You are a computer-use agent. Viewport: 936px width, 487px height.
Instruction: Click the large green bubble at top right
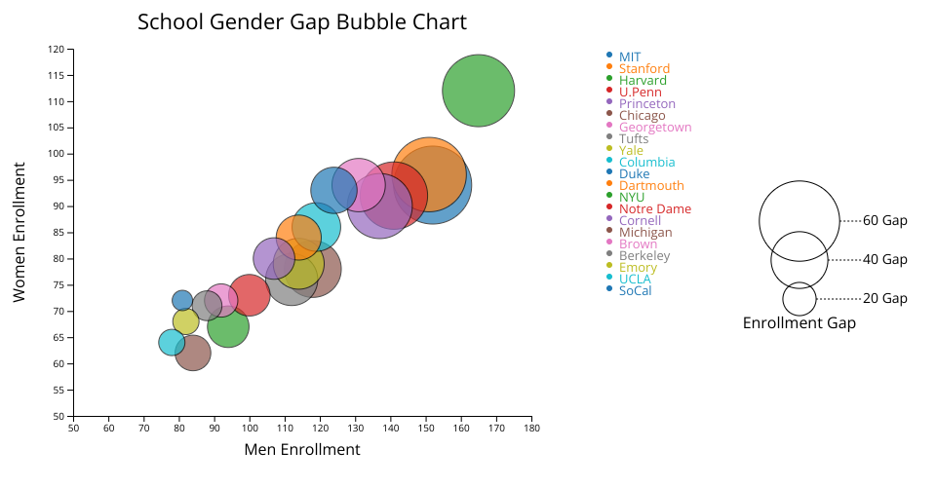tap(478, 91)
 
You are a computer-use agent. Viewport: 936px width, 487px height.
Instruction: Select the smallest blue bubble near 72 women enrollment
tap(182, 300)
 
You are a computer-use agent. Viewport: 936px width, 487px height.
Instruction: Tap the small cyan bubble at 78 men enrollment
tap(172, 343)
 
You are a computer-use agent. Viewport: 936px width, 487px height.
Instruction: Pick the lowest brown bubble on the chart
tap(193, 353)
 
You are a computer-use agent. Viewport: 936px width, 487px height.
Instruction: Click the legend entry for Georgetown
tap(655, 127)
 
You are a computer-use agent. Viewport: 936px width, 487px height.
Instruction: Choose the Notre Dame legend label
tap(655, 208)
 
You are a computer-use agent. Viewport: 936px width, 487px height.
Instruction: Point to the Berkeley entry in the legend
tap(644, 256)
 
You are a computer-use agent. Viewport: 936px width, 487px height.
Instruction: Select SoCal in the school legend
tap(635, 291)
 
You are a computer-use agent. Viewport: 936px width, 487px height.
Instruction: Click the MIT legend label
tap(629, 57)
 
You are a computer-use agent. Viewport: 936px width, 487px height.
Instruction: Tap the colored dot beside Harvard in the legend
tap(608, 78)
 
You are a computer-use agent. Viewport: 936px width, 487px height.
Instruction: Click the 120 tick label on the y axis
tap(57, 50)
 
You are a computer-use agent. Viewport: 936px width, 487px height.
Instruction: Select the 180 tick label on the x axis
tap(532, 428)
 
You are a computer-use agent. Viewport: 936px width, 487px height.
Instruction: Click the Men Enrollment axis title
tap(302, 449)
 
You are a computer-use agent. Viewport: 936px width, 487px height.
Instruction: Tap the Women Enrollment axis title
tap(19, 232)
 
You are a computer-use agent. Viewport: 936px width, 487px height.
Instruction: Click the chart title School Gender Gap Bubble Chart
tap(302, 22)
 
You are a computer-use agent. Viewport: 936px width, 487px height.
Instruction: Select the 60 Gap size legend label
tap(884, 220)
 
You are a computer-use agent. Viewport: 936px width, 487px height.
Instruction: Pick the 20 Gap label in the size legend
tap(884, 298)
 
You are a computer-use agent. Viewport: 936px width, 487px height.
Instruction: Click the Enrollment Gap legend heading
tap(799, 323)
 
